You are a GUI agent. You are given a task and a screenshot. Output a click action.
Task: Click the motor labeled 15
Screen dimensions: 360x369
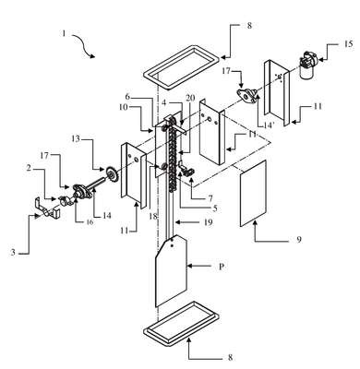(307, 66)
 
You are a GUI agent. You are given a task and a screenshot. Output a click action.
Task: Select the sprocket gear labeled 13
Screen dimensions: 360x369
(112, 174)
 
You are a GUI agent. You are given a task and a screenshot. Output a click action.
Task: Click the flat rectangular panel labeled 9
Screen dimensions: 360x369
(253, 193)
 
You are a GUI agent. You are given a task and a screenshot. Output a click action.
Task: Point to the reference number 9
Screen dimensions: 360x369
(298, 239)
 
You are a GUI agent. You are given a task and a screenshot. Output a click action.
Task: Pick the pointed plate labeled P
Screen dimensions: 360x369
(171, 270)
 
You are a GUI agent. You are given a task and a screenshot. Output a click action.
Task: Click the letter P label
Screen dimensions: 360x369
(222, 267)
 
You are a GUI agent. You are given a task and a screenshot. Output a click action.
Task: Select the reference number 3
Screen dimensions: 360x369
(13, 253)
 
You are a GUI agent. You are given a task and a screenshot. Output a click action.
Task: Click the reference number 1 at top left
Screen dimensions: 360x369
(64, 33)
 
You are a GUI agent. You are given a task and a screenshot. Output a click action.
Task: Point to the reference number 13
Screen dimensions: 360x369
(76, 138)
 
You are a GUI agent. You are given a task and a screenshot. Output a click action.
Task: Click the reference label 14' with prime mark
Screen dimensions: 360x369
(263, 125)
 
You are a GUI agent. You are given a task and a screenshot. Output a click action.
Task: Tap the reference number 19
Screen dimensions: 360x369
(208, 221)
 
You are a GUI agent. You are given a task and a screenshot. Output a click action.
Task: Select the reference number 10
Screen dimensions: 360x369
(125, 107)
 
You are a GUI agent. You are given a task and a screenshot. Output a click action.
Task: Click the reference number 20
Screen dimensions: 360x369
(190, 98)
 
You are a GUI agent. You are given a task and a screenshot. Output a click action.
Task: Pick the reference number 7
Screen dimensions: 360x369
(210, 198)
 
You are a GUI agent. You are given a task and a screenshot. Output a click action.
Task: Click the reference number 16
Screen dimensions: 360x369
(89, 222)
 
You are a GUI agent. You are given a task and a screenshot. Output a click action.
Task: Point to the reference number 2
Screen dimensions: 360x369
(29, 167)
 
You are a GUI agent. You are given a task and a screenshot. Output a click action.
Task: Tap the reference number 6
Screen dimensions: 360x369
(127, 97)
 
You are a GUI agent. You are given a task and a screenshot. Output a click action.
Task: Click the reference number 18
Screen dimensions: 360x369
(152, 216)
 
